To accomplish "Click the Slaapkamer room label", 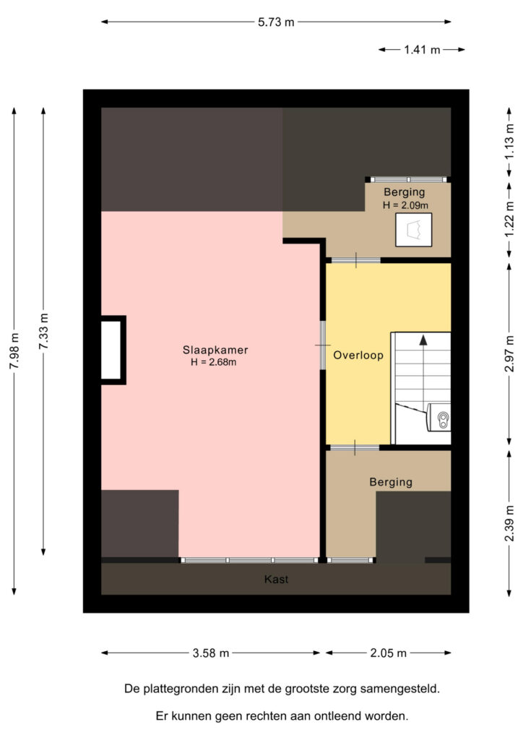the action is pos(215,350).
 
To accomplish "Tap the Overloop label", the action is pos(358,356).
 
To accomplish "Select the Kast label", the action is pos(276,579).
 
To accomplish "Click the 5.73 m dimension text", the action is pos(276,22).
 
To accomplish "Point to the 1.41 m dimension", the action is pos(422,50).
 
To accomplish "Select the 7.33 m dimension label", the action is pos(43,331).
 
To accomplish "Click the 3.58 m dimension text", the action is pos(211,653).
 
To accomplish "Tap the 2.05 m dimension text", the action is pos(388,653).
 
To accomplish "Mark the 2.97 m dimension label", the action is pos(509,354).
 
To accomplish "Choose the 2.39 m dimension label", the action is pos(509,523).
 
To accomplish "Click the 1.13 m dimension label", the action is pos(509,142).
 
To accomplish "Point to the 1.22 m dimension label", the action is pos(509,220).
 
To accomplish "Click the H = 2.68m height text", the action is pos(214,362).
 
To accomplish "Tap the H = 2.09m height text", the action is pos(405,205).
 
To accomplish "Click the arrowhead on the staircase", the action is pos(423,340).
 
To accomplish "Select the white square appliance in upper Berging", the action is pos(414,230).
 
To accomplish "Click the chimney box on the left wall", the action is pos(113,350).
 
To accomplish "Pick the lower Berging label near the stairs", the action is pos(391,482).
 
